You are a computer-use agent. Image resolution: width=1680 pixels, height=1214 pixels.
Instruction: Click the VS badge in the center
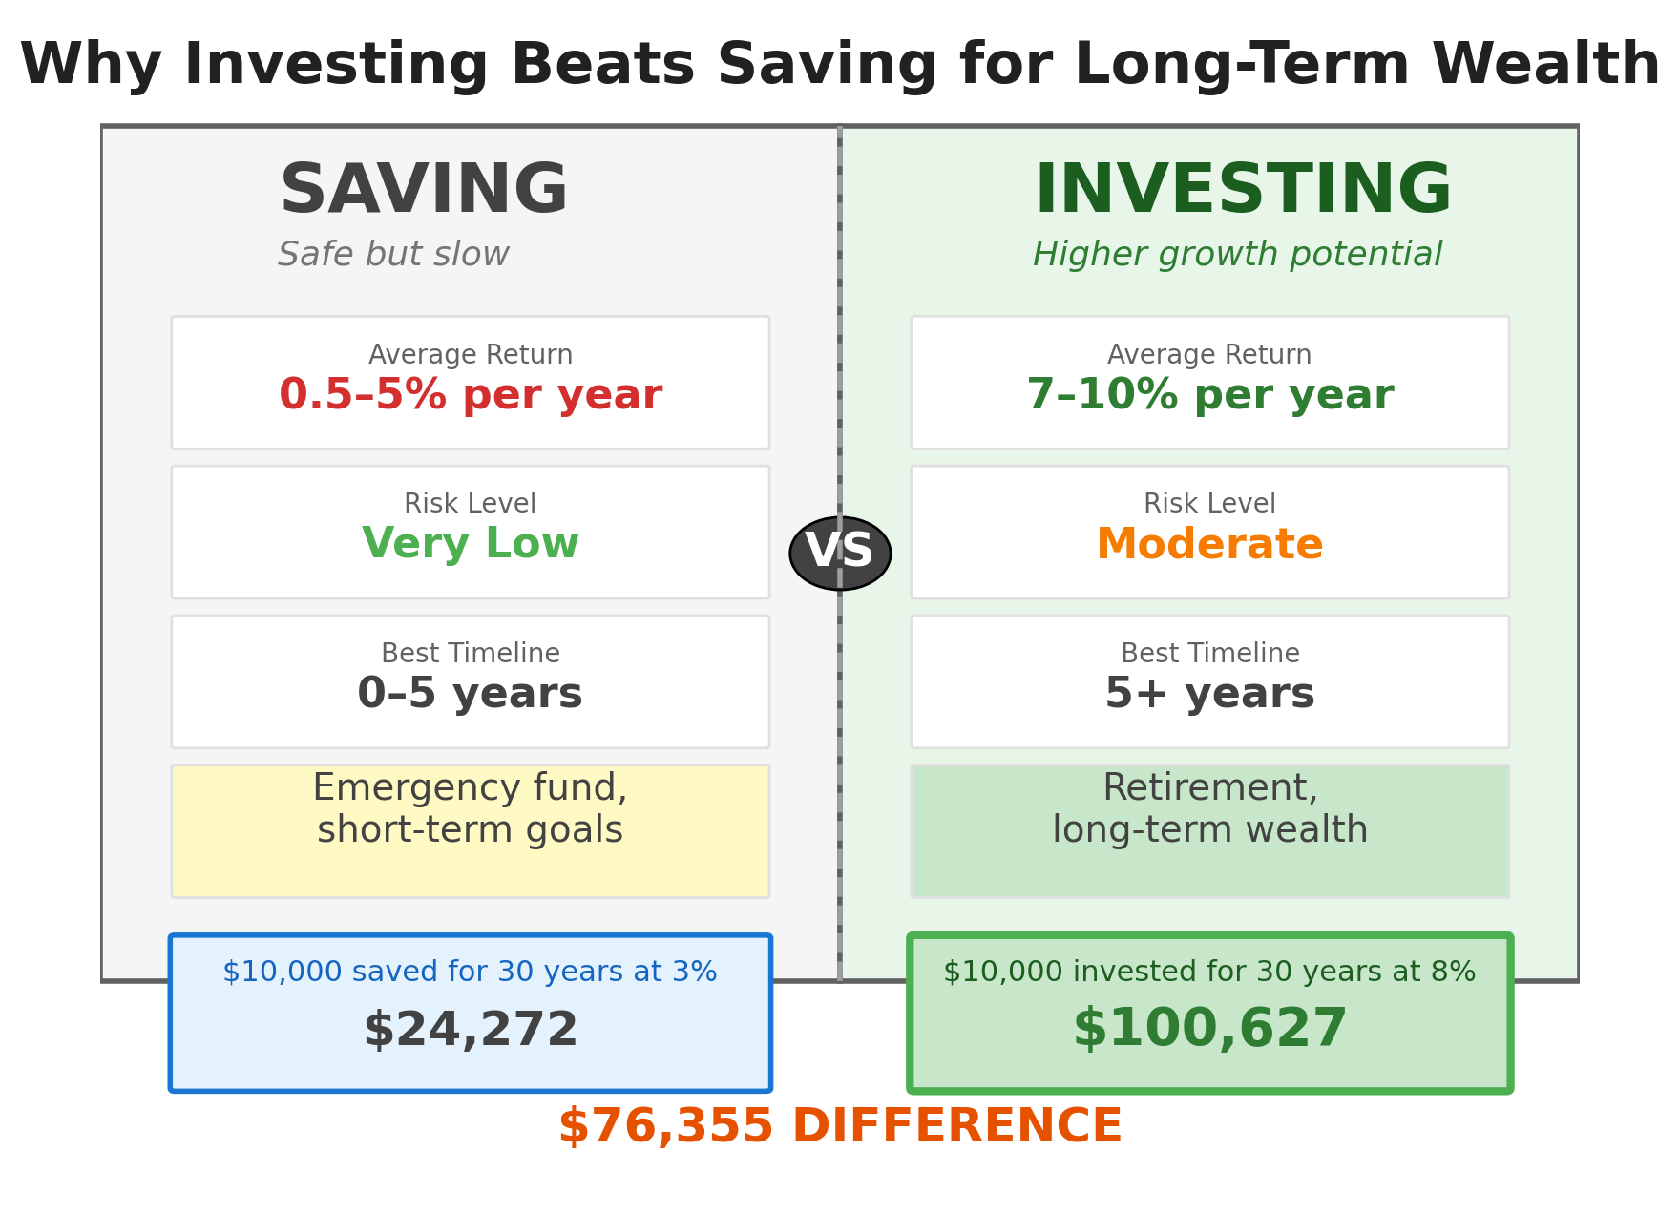[840, 553]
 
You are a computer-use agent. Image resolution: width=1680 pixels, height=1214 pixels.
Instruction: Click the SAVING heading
[424, 191]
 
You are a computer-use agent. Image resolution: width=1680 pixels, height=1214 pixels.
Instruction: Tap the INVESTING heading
[1243, 191]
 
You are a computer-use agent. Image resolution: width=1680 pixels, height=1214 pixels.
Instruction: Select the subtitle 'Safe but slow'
[393, 255]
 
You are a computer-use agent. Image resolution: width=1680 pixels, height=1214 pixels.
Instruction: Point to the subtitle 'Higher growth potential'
[1237, 255]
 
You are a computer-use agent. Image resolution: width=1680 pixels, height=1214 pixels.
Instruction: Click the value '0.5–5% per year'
[471, 395]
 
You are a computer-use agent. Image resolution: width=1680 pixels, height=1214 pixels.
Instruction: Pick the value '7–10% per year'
[1209, 395]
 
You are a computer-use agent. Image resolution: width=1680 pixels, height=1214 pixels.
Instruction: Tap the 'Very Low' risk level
[471, 544]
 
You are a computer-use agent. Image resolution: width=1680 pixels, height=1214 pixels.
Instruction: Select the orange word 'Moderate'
[1209, 545]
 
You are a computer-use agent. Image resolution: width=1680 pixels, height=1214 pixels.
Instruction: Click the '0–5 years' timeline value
[471, 694]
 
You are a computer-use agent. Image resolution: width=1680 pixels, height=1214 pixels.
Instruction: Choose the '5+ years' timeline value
[1209, 694]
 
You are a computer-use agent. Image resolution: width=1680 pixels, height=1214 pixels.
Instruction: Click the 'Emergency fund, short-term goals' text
[471, 809]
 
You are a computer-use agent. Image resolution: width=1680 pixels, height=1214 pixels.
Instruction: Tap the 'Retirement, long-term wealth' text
[1209, 809]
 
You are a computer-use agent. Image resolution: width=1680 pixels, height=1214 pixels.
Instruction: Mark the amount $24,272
[471, 1031]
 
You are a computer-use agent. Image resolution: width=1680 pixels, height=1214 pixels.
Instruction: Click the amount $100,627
[1209, 1029]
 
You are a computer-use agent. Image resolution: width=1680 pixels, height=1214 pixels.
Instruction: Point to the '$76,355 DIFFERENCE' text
[840, 1127]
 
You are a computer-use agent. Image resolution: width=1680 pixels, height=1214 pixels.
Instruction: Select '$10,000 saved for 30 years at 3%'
[471, 973]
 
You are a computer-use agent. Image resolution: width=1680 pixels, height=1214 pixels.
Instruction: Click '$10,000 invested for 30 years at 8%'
[1209, 973]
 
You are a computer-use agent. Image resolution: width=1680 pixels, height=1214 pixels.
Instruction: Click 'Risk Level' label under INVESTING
[1209, 504]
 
